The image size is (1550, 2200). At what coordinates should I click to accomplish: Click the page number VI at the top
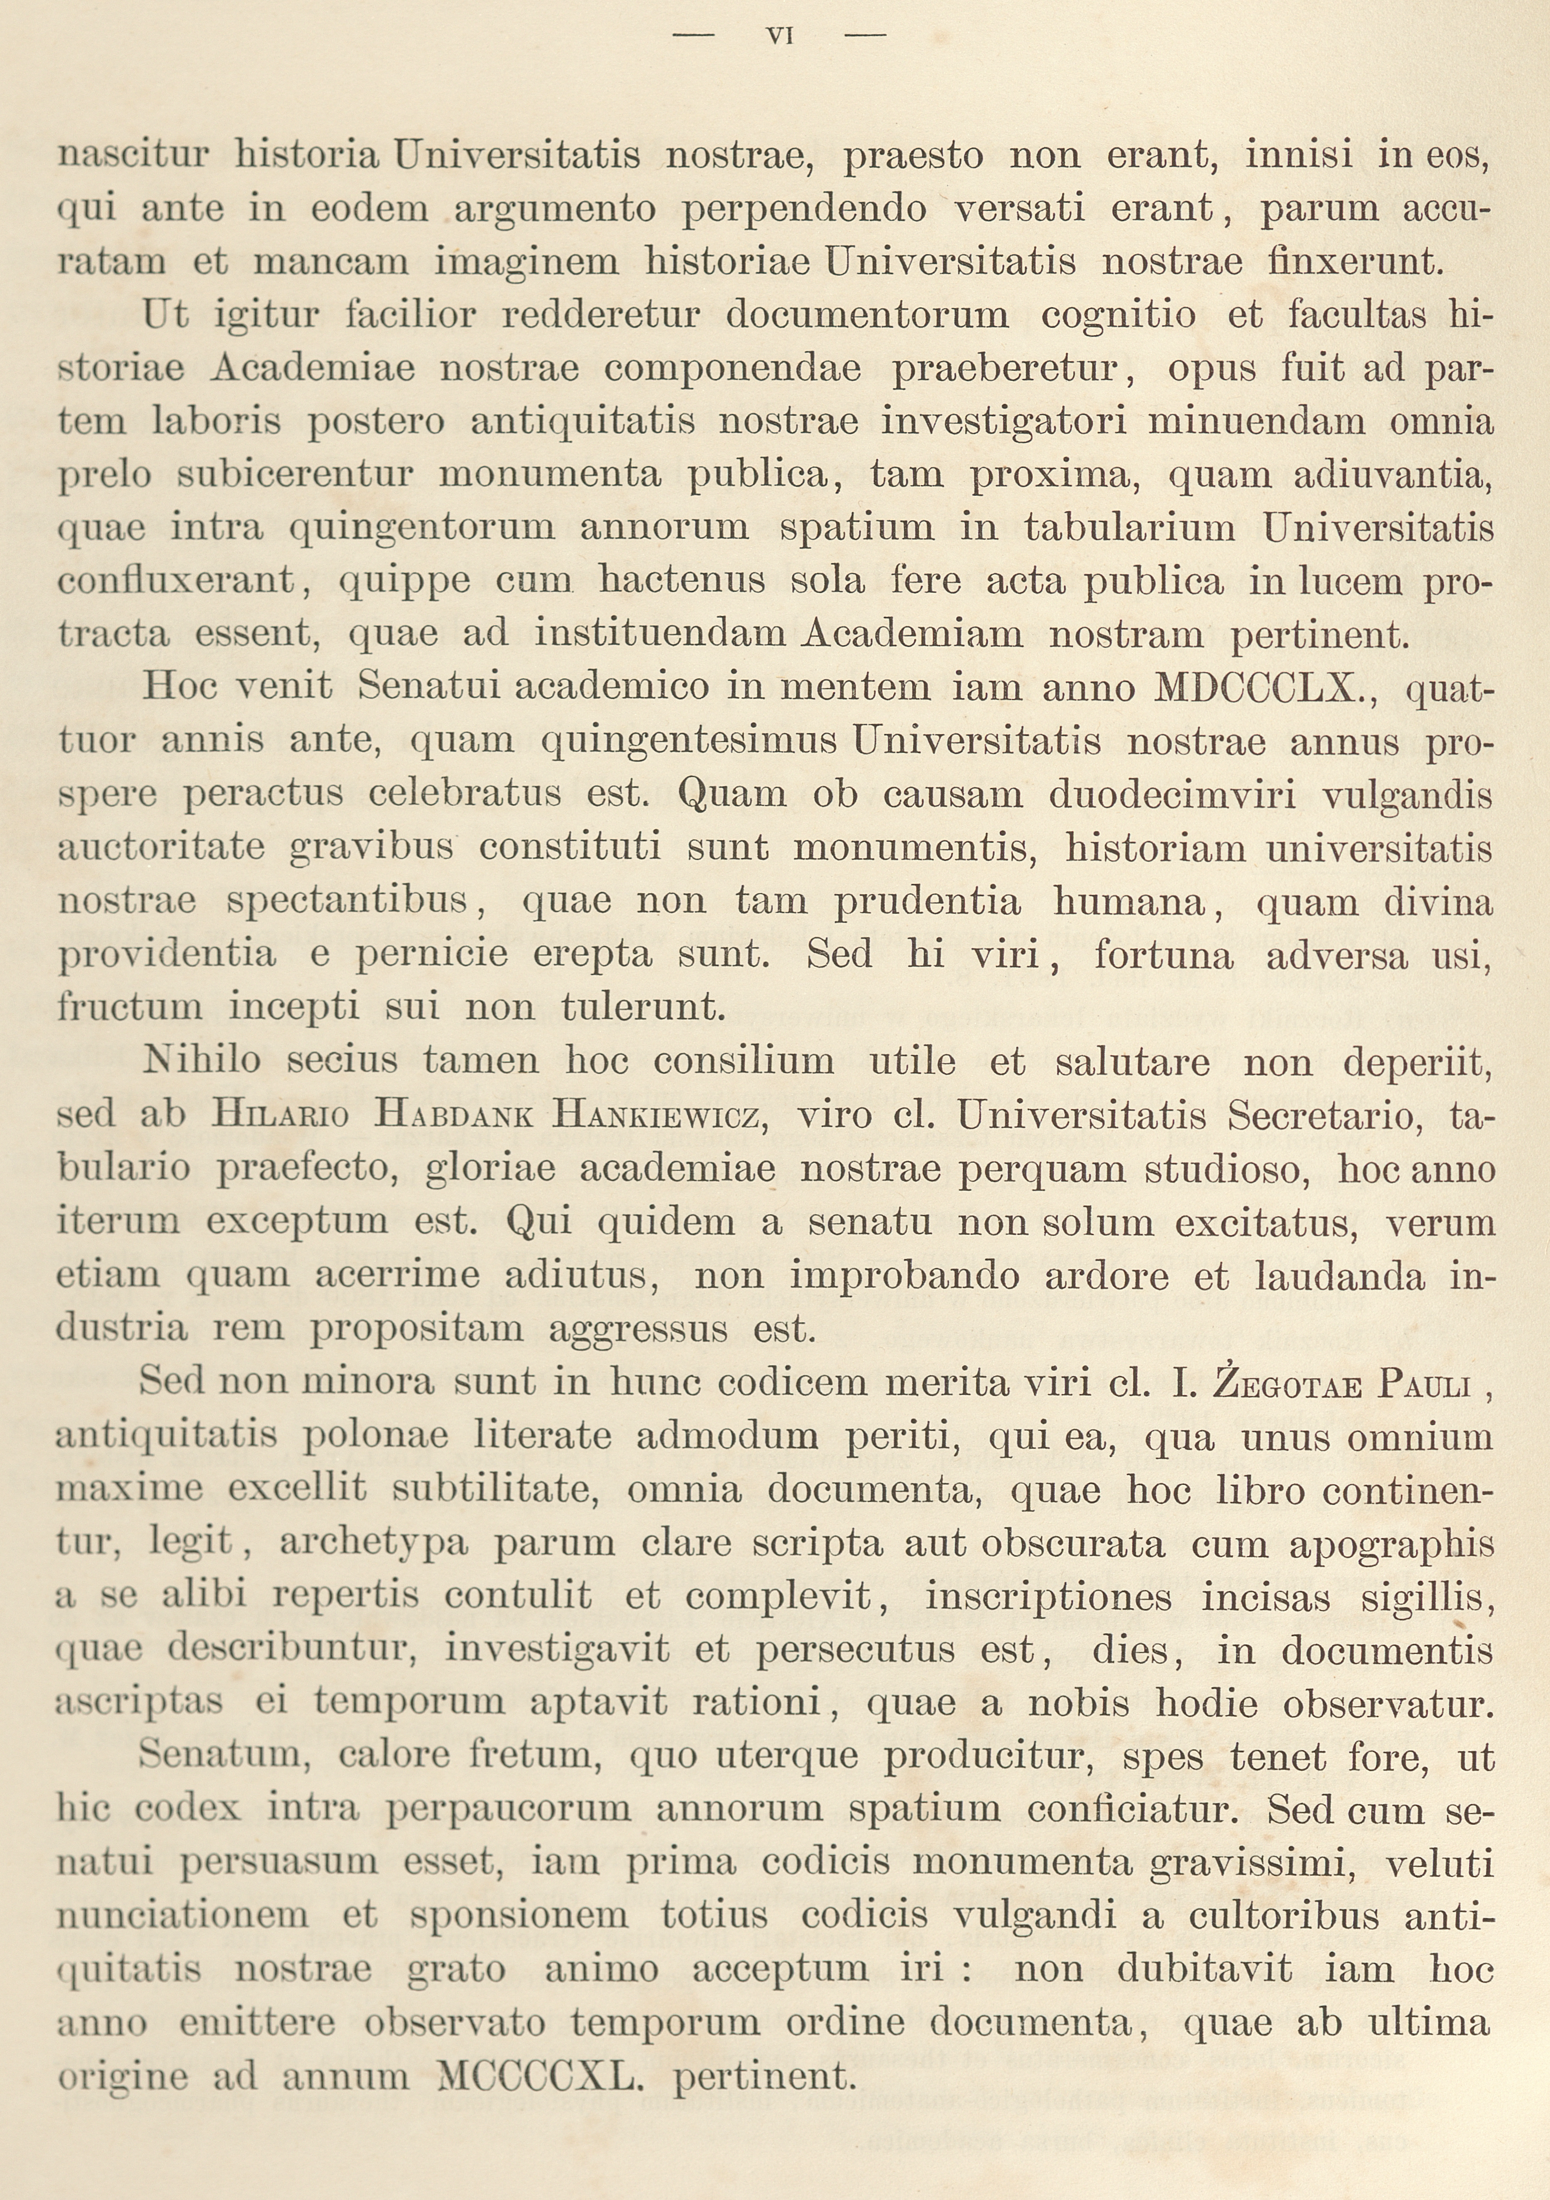tap(780, 37)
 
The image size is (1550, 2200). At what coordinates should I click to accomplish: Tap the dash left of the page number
tap(694, 37)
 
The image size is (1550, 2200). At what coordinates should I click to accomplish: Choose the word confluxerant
tap(175, 581)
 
